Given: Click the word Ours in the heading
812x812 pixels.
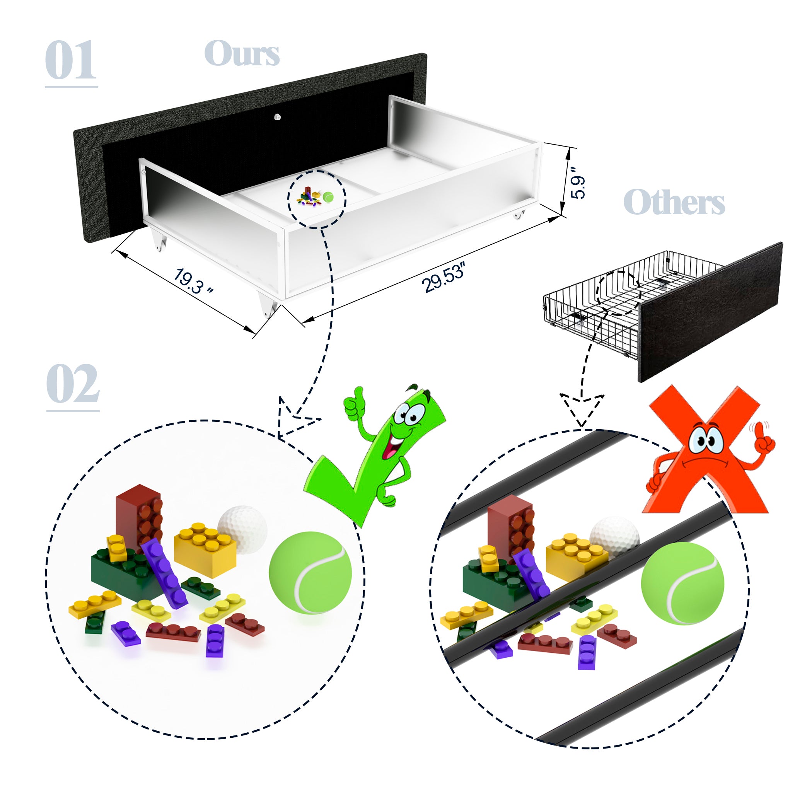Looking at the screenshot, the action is [242, 53].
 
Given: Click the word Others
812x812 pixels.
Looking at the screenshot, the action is [674, 202].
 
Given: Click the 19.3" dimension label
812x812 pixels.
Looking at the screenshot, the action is [193, 281].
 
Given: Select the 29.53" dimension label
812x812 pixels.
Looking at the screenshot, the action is [444, 277].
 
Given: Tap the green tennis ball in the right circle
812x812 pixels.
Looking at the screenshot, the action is [682, 583].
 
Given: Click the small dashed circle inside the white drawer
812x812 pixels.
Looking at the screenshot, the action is [317, 200].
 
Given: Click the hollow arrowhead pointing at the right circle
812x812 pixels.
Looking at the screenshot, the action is [582, 410].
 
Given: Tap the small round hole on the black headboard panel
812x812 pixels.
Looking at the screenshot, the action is [277, 117].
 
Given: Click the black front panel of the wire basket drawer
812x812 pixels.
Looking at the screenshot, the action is [710, 312].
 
